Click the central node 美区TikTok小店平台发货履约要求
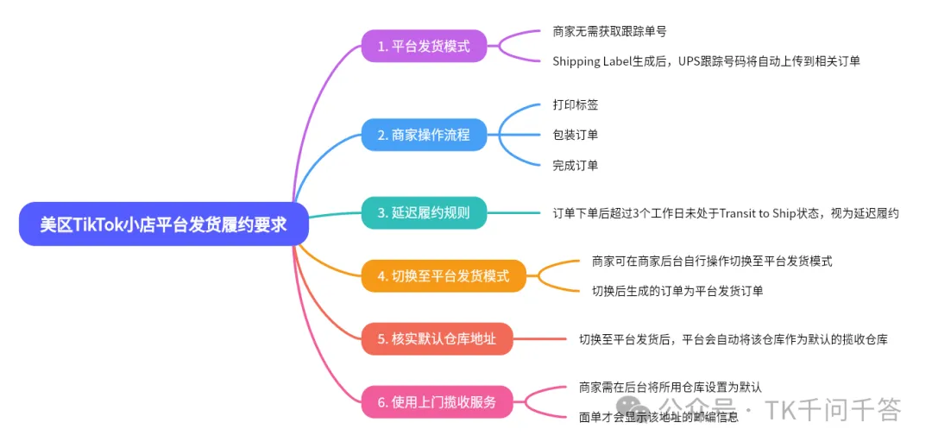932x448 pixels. click(164, 224)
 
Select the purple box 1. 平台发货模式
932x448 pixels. click(424, 46)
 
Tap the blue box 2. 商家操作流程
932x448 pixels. click(424, 135)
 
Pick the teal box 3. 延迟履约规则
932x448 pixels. click(424, 212)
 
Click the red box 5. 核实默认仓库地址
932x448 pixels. click(437, 338)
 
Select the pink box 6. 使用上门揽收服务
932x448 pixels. click(437, 402)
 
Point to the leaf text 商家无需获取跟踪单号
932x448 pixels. click(608, 31)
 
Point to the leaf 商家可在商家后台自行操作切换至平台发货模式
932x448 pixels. click(712, 261)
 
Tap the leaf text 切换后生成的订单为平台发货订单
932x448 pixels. click(677, 291)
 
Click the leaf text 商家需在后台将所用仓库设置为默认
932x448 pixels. click(671, 388)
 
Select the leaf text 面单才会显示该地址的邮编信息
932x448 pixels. click(658, 417)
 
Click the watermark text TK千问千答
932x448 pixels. click(833, 409)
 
